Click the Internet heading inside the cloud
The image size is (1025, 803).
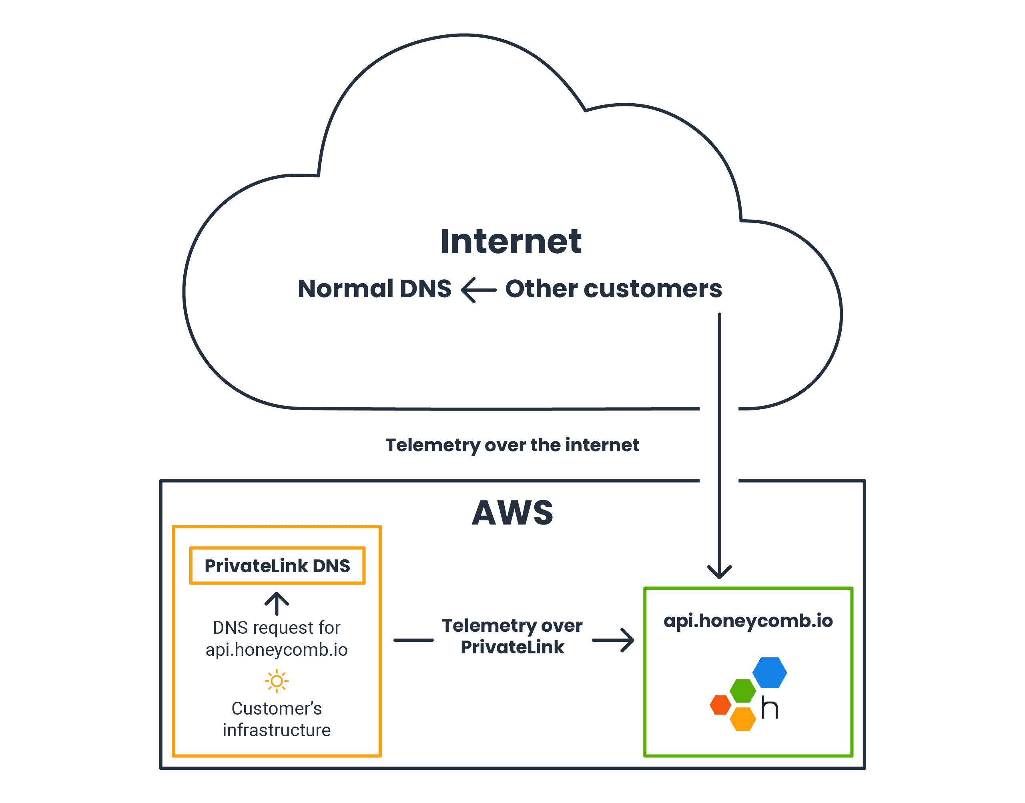click(511, 242)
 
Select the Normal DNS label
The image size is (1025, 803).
click(374, 288)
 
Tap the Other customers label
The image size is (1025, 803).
click(613, 288)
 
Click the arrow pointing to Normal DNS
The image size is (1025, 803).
click(478, 290)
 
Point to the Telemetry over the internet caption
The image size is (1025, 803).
click(511, 445)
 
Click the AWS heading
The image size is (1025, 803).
click(512, 513)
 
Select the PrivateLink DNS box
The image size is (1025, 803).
click(277, 566)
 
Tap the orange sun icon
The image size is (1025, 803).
click(277, 681)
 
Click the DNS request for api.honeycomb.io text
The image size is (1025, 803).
click(277, 639)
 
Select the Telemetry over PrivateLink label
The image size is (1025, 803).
click(512, 636)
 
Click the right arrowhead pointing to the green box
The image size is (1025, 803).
click(627, 640)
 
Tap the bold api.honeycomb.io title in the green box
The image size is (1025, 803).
click(748, 621)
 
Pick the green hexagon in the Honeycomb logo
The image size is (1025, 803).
click(742, 691)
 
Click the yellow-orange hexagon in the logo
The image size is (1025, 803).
click(742, 719)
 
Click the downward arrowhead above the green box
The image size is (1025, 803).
click(719, 572)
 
